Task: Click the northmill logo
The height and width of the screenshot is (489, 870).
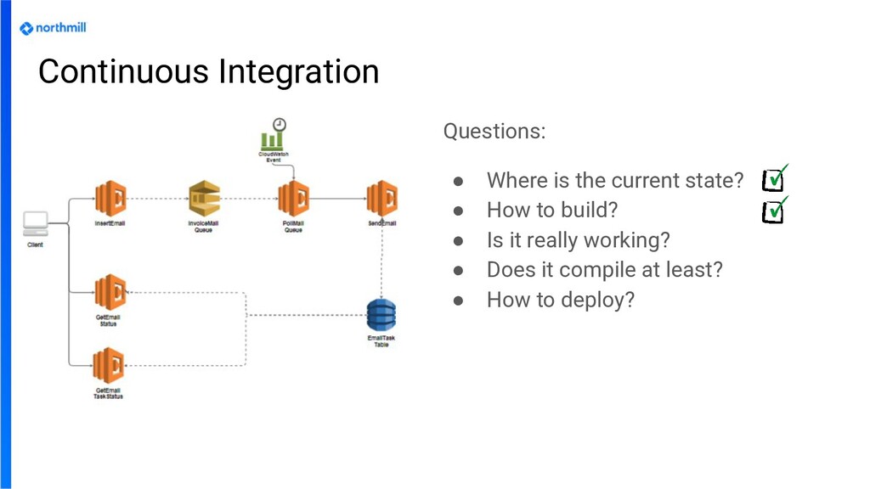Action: point(53,28)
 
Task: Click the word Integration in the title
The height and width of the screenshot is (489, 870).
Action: point(298,71)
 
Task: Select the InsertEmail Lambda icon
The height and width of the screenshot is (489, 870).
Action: point(110,199)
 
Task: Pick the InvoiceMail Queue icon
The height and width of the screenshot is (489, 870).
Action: point(204,199)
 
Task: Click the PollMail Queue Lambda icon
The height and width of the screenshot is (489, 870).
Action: point(293,199)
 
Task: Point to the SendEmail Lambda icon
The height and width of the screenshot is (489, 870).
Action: point(381,199)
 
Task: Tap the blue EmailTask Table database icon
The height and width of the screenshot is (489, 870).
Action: point(381,316)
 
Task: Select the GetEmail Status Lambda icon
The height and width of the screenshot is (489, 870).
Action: point(110,292)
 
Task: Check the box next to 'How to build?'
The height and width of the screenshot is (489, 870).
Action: point(773,211)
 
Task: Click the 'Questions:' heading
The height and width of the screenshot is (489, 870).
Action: point(494,132)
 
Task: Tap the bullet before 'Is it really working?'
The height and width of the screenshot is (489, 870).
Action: point(457,241)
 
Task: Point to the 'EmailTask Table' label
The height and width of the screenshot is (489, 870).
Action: point(381,341)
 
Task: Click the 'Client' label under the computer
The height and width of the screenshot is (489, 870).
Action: point(35,245)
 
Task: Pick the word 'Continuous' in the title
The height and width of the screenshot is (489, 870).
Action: point(124,71)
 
